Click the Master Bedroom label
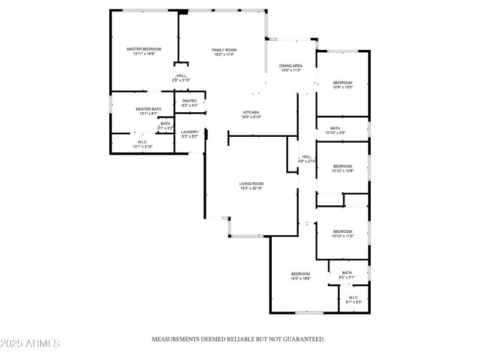click(143, 49)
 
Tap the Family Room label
click(224, 49)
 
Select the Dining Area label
click(291, 65)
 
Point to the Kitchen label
click(251, 112)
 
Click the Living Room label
click(251, 184)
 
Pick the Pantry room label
click(190, 101)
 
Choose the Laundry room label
click(190, 131)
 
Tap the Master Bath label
click(148, 109)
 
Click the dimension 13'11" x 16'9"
click(144, 54)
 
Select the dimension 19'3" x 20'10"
click(251, 188)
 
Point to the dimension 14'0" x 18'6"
click(301, 278)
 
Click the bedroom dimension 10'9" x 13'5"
click(343, 87)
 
